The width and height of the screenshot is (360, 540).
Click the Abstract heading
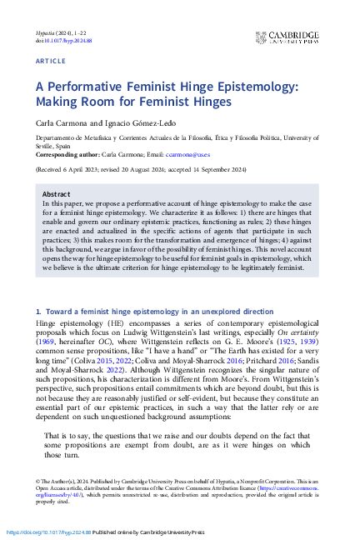(57, 192)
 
